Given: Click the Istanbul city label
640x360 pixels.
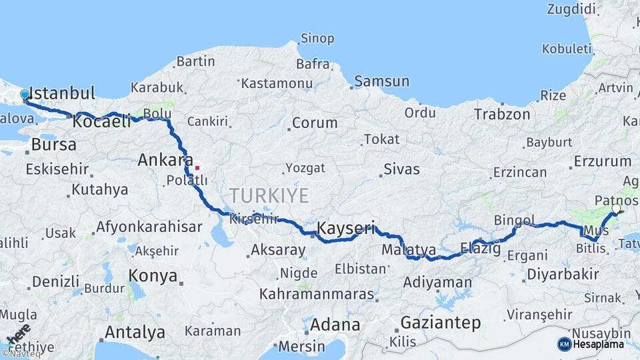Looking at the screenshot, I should tap(63, 93).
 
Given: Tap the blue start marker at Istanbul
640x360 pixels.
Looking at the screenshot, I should tap(25, 95).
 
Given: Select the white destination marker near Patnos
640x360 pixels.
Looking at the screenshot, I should tap(615, 209).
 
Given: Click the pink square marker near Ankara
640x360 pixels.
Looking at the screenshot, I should tap(197, 167).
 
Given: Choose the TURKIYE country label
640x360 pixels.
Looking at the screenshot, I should tap(269, 195).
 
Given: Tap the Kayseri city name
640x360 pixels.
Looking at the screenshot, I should tap(346, 228).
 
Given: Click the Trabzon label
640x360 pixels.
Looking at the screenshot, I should tap(502, 114).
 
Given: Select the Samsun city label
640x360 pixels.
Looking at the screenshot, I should tap(382, 81).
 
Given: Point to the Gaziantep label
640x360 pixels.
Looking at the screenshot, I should tap(440, 323).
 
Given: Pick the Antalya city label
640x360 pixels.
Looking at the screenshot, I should tap(135, 331).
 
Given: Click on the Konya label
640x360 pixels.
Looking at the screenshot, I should tap(153, 276).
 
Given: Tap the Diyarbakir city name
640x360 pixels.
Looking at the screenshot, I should tap(563, 274).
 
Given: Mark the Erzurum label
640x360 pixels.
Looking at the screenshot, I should tap(602, 161).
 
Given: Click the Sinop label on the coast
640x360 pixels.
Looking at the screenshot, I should tap(317, 38).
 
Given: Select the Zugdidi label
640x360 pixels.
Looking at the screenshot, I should tap(571, 9).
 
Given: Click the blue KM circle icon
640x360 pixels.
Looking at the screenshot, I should tap(564, 344).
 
